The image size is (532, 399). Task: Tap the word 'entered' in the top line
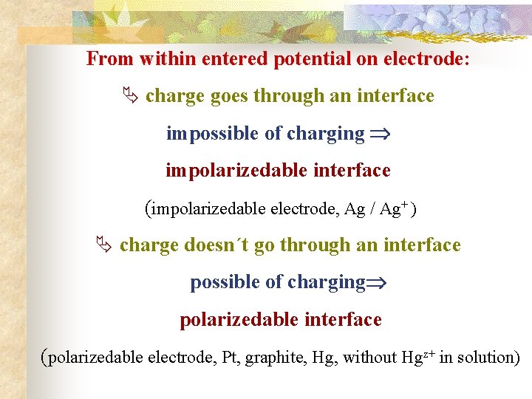click(x=238, y=59)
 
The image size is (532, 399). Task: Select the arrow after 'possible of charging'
click(x=377, y=283)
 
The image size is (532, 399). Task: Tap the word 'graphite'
click(x=276, y=358)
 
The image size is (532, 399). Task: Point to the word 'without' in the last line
click(x=369, y=358)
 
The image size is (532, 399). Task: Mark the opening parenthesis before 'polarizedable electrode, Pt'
click(x=44, y=358)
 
